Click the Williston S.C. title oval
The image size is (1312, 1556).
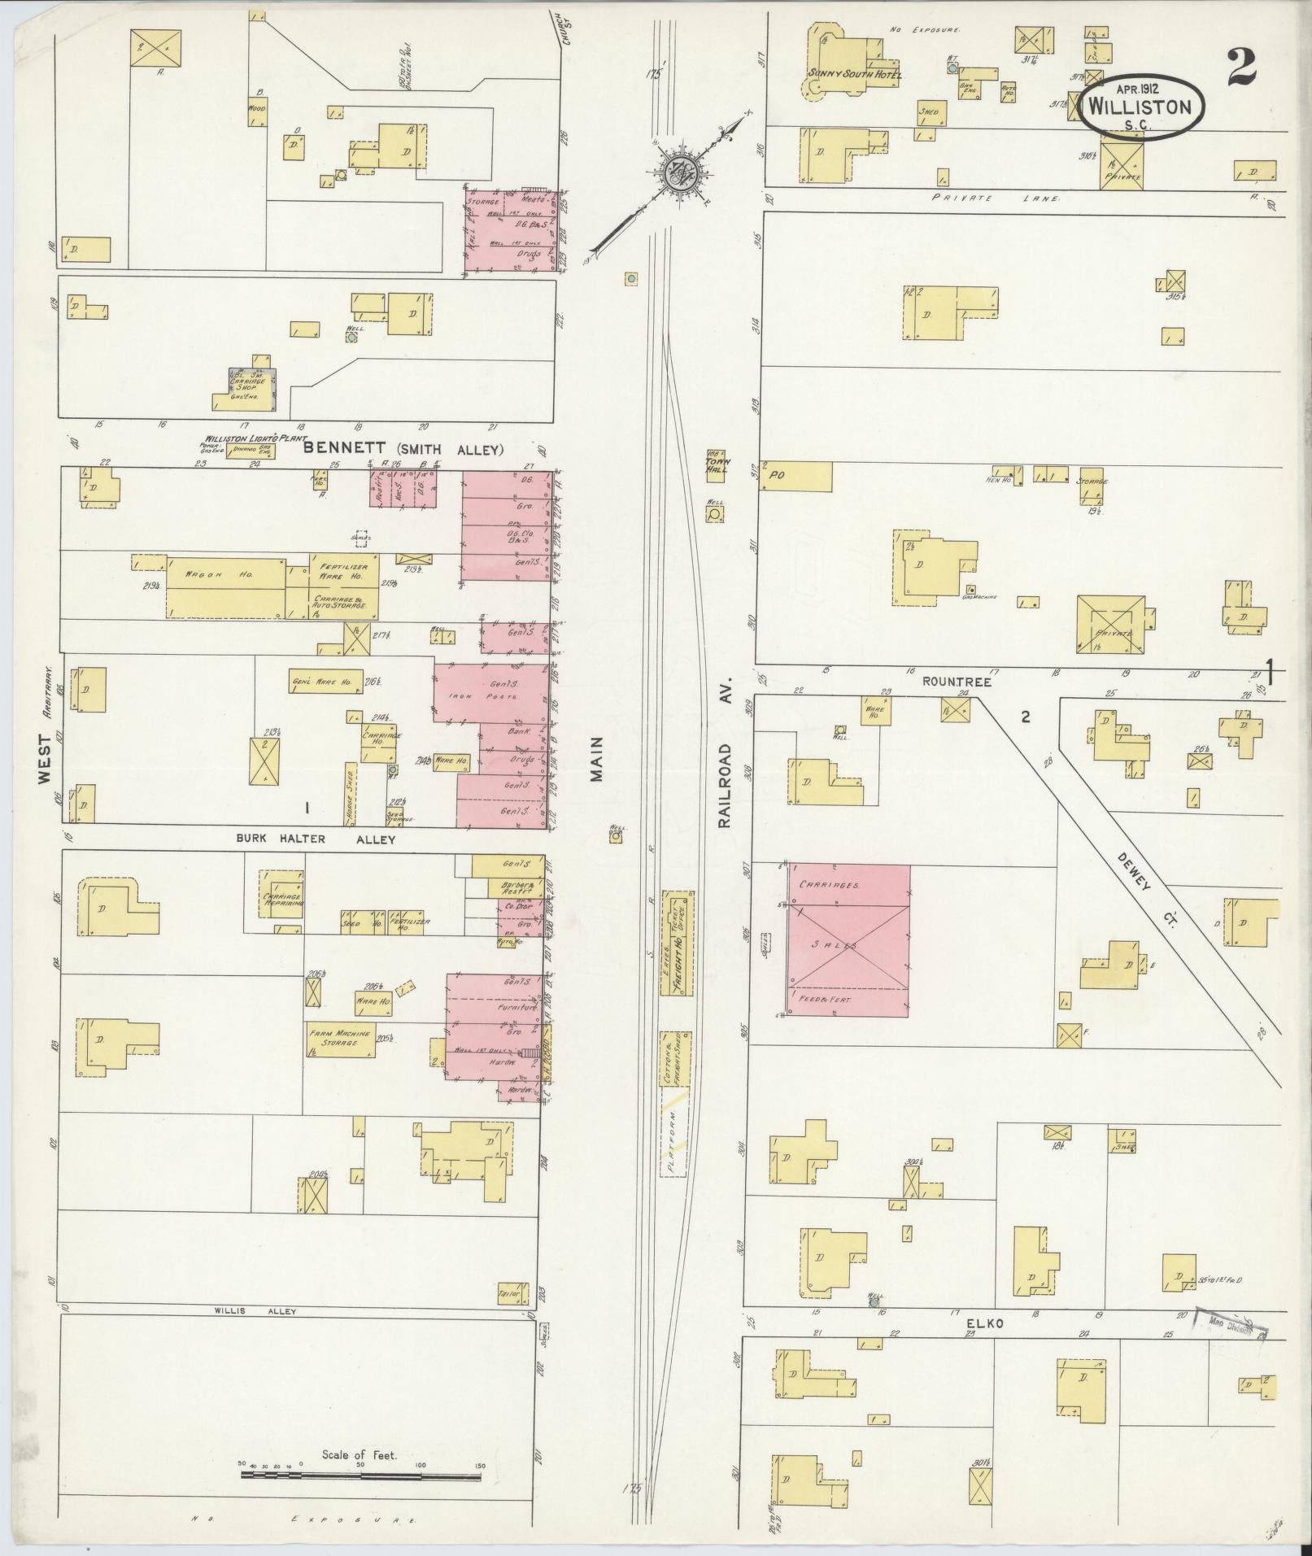pyautogui.click(x=1142, y=107)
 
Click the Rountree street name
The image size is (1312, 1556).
pyautogui.click(x=961, y=682)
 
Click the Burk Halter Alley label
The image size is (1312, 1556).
pyautogui.click(x=316, y=839)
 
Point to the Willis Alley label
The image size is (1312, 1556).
pyautogui.click(x=255, y=1311)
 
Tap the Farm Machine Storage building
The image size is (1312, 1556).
pyautogui.click(x=340, y=1039)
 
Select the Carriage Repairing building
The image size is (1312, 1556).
pyautogui.click(x=282, y=893)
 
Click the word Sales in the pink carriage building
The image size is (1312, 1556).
pyautogui.click(x=849, y=947)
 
